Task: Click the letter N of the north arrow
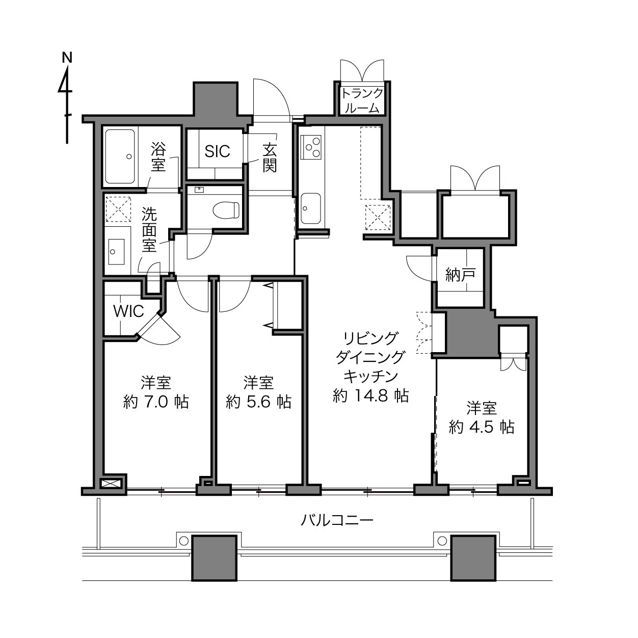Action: point(67,58)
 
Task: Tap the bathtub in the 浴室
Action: point(120,156)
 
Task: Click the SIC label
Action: point(217,151)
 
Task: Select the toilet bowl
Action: point(226,210)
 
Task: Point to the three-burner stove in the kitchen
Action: point(311,147)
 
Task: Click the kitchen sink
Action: point(311,208)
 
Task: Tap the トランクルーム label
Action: point(362,101)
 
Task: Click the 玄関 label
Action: point(270,158)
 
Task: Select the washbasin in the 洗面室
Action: point(116,252)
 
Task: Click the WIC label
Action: point(128,311)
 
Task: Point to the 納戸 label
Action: point(460,275)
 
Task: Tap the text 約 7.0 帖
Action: point(156,402)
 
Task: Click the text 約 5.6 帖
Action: point(258,402)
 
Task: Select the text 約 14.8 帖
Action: point(371,395)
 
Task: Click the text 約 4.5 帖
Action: point(482,427)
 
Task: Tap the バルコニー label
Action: point(337,520)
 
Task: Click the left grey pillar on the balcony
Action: point(215,558)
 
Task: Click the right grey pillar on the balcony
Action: point(473,558)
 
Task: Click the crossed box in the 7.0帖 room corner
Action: point(111,484)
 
